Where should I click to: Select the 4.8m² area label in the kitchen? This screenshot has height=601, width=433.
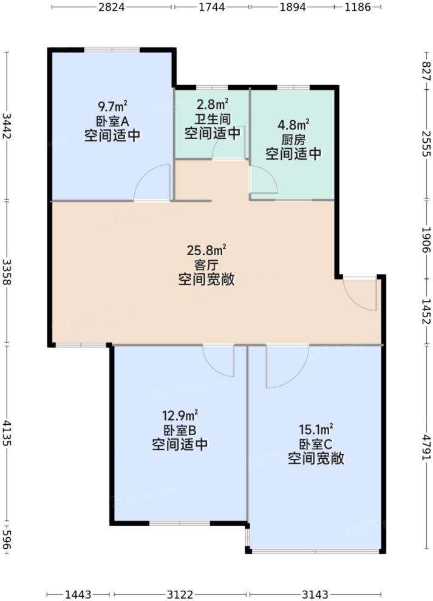tap(293, 126)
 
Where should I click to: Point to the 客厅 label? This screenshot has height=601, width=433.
tap(206, 264)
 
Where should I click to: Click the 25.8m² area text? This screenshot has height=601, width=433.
tap(206, 249)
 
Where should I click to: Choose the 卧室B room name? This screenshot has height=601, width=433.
tap(180, 430)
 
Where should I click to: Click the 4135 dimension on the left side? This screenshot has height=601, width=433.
tap(7, 433)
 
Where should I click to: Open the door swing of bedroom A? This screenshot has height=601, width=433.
tap(152, 184)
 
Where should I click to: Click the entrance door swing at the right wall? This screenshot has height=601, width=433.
tap(360, 293)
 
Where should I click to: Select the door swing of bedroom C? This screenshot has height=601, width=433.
tap(285, 367)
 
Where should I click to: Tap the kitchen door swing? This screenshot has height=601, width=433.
tap(263, 181)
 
